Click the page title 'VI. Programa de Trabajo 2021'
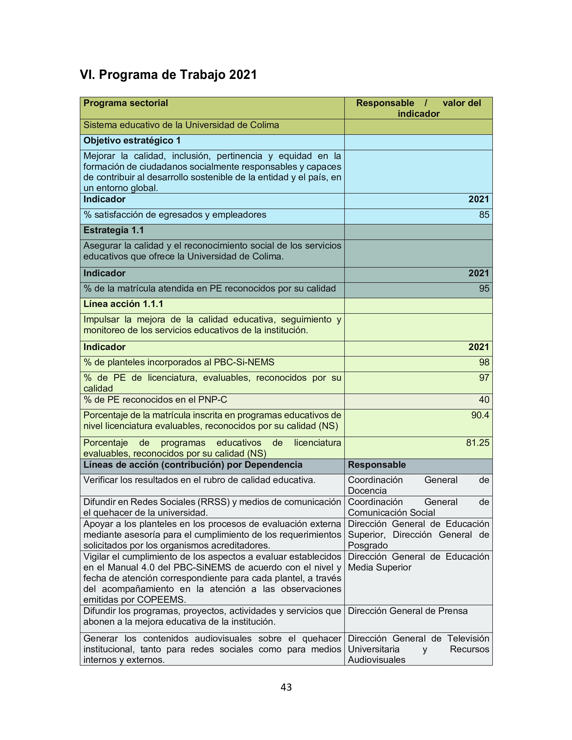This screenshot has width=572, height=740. pos(168,74)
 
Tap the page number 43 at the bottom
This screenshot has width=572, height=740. pos(286,687)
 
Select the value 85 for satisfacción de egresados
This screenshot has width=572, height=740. pos(484,215)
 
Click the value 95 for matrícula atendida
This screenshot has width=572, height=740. pos(484,289)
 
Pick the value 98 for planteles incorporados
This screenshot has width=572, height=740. pos(484,363)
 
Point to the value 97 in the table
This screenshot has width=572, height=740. pos(484,378)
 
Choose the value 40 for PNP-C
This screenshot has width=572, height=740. pos(484,400)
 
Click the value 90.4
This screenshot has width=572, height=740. pos(480,415)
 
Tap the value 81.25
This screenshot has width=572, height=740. pos(478,443)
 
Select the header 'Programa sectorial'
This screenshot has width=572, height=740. pos(126,103)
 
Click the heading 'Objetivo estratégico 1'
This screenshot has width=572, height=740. pos(132,141)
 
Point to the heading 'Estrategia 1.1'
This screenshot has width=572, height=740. pos(114,230)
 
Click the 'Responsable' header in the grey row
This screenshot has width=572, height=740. pos(377,465)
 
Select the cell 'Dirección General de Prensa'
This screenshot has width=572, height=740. pos(408,611)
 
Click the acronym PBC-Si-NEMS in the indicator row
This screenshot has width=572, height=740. pos(244,363)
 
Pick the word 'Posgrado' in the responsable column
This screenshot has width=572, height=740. pos(368,546)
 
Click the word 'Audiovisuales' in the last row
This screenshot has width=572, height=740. pos(376,660)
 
